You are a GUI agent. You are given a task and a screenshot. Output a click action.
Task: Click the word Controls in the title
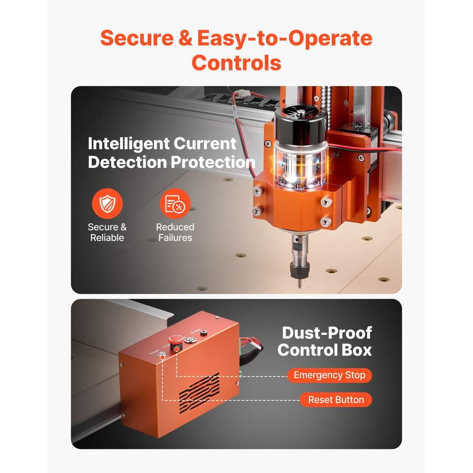click(236, 63)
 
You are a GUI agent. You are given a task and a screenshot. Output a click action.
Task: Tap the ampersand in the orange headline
click(185, 38)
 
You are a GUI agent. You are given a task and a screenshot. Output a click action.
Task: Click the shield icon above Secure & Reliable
click(107, 203)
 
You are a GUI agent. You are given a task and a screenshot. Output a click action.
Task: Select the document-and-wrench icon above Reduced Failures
click(175, 203)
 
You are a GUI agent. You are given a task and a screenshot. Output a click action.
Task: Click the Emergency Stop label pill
click(330, 375)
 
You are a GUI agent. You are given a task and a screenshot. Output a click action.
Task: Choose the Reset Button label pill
click(336, 400)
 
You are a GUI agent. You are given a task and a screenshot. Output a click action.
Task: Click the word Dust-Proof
click(327, 333)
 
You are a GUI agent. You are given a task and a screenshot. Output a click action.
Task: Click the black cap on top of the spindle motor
click(301, 124)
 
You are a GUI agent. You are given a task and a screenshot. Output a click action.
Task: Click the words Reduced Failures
click(175, 232)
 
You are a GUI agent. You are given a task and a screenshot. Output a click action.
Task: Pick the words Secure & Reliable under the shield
click(107, 232)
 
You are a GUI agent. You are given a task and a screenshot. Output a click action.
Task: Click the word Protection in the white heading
click(213, 162)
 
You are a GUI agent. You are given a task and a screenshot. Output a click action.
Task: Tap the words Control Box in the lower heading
click(325, 350)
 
